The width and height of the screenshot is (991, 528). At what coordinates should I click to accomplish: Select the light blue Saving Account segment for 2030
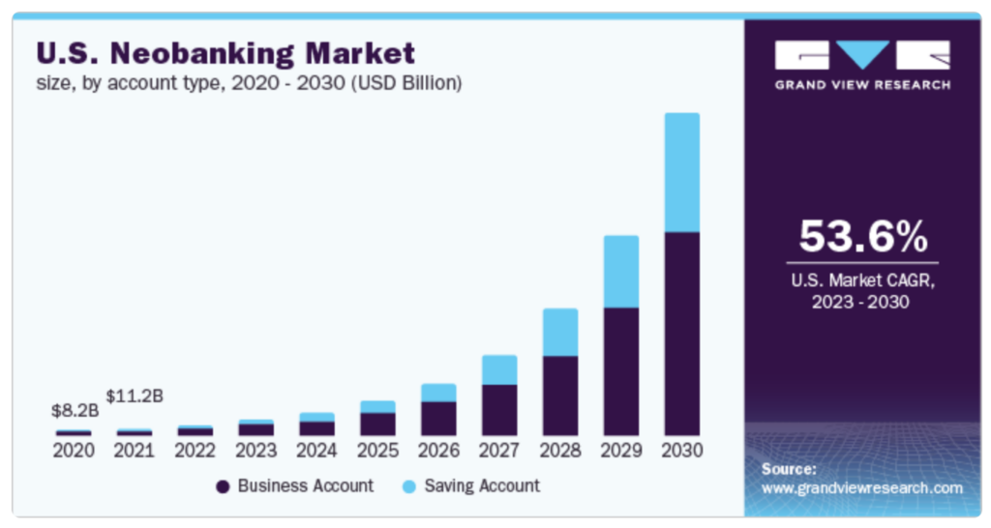pos(681,172)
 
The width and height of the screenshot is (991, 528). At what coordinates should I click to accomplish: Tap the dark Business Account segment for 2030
pos(681,333)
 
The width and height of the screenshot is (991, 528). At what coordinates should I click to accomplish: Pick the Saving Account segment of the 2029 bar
pos(621,271)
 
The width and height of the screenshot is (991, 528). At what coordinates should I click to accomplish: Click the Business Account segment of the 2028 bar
pos(560,395)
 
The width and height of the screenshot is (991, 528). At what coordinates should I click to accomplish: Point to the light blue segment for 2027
pos(499,369)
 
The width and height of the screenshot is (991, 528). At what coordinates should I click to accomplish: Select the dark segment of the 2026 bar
pos(438,418)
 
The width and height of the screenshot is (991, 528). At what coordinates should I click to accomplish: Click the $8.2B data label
pos(75,411)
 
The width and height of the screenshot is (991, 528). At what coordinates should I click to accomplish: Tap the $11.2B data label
pos(135,396)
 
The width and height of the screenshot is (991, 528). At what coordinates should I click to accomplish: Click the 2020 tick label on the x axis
pos(74,451)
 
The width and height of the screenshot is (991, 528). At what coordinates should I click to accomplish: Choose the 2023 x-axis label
pos(256,451)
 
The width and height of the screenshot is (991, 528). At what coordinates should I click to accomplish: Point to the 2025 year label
pos(377,451)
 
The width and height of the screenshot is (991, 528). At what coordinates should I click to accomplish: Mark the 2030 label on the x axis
pos(681,451)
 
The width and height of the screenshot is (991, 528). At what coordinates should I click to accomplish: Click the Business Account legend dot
pos(223,486)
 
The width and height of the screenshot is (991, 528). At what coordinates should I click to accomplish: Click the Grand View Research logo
pos(862,64)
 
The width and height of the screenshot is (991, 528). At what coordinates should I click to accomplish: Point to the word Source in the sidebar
pos(789,469)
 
